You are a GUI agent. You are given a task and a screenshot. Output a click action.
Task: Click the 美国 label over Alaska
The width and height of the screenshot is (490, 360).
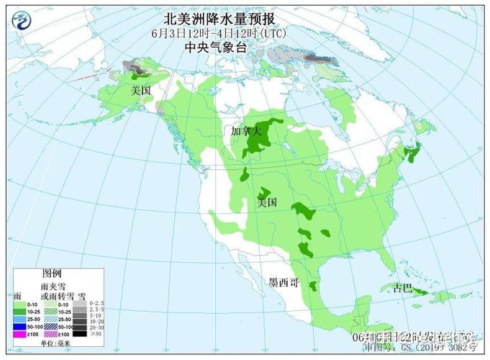[x=140, y=91]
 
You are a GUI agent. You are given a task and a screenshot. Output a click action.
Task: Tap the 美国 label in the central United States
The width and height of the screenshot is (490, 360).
[x=267, y=202]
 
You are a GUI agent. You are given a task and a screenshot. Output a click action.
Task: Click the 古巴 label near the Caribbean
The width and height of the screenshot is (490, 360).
[x=403, y=288]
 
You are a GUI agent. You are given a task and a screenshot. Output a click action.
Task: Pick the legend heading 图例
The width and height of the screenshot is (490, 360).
[x=52, y=274]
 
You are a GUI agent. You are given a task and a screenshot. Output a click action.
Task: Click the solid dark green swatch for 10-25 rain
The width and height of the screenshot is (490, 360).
[x=19, y=311]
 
